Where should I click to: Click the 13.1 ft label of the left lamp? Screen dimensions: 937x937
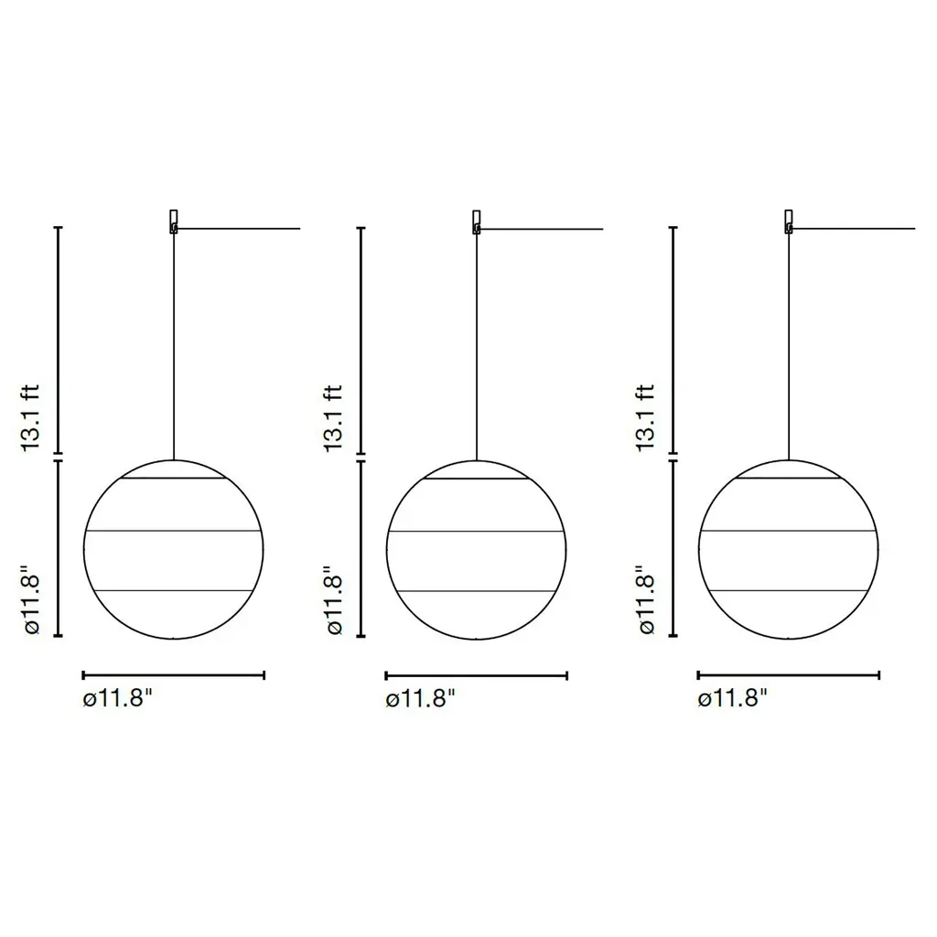[30, 417]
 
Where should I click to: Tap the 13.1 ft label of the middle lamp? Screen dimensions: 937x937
[333, 417]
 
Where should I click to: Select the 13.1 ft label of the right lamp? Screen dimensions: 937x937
[646, 417]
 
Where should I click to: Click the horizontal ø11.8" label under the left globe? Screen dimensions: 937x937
[118, 697]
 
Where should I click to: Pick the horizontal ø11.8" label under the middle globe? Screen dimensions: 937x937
[420, 697]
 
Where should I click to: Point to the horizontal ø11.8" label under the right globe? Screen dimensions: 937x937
[732, 697]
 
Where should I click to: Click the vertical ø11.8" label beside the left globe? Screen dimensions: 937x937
[30, 600]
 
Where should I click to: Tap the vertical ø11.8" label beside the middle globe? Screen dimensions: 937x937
[333, 600]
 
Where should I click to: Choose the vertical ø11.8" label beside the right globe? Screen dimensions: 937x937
[646, 600]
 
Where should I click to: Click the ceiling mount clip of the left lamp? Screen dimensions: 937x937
[174, 221]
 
